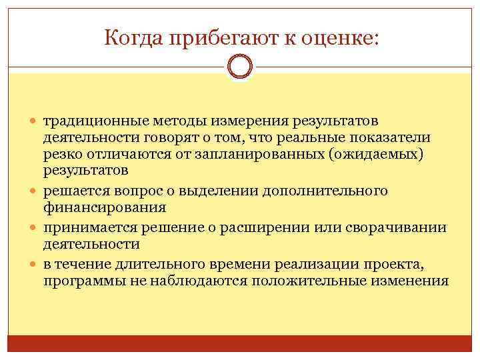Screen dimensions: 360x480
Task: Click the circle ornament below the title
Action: [240, 67]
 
